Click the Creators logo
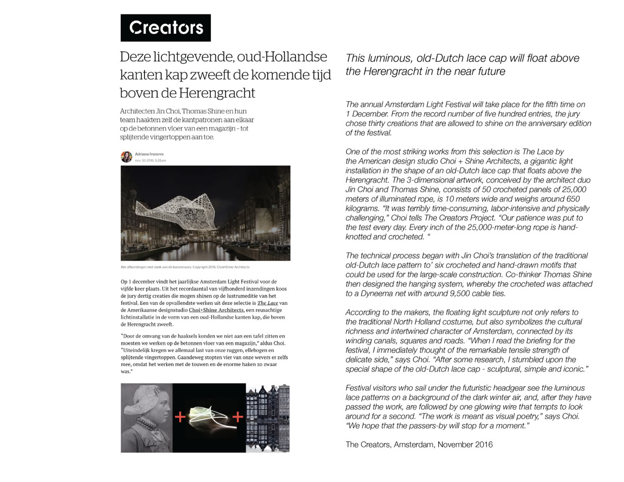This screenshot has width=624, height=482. point(166,28)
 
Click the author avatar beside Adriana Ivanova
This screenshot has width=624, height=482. point(126,156)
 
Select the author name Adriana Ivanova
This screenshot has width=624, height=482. point(149,154)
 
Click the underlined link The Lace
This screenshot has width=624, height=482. point(268,303)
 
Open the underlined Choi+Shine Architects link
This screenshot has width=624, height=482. point(216,310)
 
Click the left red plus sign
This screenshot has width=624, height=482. point(180,417)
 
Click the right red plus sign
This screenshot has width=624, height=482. point(238,417)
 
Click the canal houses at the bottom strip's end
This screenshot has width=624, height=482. point(268,418)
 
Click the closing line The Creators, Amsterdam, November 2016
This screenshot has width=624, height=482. point(419,444)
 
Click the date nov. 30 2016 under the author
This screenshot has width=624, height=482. point(150,160)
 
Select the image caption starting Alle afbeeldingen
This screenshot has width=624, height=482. point(185,267)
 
